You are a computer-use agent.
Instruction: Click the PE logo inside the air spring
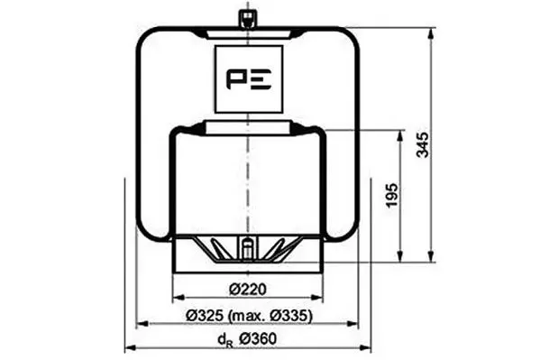tap(248, 79)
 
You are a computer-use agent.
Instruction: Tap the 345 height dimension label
tap(423, 144)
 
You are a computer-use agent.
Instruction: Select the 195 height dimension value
tap(392, 195)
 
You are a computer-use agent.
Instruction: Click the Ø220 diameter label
tap(248, 289)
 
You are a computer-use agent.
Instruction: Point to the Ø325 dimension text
tap(206, 315)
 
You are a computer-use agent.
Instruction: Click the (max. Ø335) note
tap(271, 316)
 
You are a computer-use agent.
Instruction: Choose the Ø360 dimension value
tap(258, 339)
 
